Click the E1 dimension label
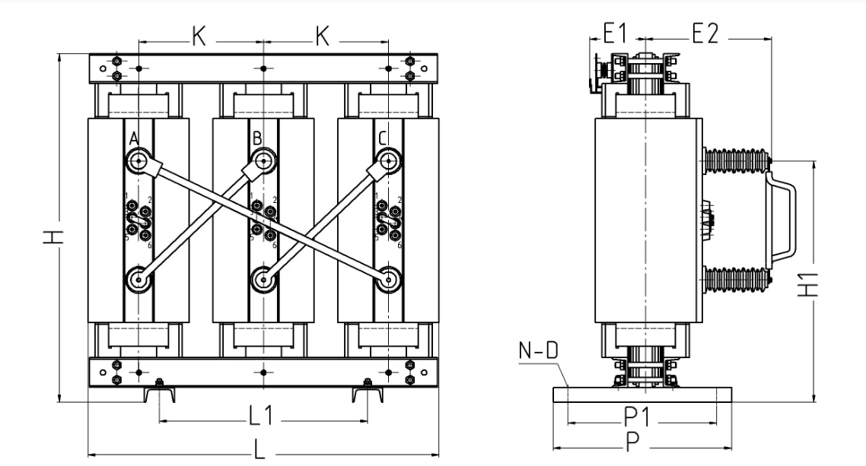tap(614, 33)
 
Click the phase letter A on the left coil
tap(132, 138)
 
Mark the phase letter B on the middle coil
tap(257, 138)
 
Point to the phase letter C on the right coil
tap(382, 138)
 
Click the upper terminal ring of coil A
tap(139, 160)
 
